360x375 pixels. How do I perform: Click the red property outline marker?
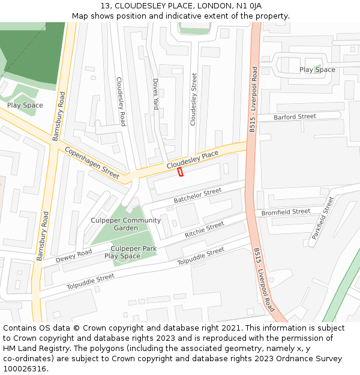[x=180, y=172]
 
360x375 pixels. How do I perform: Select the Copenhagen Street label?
[x=92, y=162]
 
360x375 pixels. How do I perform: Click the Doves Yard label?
[x=155, y=94]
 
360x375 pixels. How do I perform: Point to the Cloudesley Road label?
[x=121, y=101]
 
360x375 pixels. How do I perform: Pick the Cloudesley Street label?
[x=193, y=99]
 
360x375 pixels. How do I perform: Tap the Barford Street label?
[x=295, y=116]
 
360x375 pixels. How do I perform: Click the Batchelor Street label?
[x=197, y=195]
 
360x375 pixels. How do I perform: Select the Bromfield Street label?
[x=286, y=212]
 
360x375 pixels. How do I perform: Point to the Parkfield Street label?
[x=322, y=218]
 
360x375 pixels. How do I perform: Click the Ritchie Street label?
[x=204, y=229]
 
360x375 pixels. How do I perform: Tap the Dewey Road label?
[x=74, y=256]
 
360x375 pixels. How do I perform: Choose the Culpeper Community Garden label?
[x=126, y=224]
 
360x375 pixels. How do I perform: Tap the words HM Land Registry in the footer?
[x=29, y=349]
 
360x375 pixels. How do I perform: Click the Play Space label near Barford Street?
[x=317, y=70]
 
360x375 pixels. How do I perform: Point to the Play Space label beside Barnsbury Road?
[x=25, y=105]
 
